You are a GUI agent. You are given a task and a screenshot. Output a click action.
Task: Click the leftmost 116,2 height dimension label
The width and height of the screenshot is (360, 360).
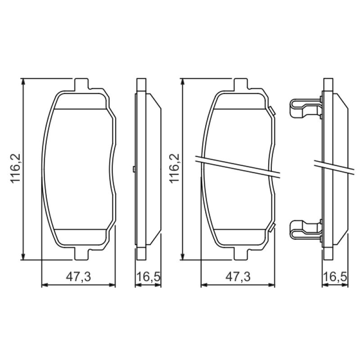point(16,168)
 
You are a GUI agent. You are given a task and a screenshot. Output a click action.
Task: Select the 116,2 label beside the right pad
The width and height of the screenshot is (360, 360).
point(175,168)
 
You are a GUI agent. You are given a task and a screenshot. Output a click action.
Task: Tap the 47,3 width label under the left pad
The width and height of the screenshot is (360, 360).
point(78,277)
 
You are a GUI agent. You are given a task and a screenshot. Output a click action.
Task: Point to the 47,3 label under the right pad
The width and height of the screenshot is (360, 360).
point(238,277)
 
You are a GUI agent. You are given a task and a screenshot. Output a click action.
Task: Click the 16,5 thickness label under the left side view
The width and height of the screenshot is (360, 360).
point(148,277)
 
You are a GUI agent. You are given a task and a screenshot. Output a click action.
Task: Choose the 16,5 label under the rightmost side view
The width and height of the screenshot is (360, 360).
point(335,277)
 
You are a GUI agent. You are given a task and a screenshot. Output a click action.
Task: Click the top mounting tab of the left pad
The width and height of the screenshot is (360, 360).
point(81,84)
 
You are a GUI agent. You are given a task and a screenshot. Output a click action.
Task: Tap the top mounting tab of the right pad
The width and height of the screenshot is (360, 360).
point(241,84)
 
